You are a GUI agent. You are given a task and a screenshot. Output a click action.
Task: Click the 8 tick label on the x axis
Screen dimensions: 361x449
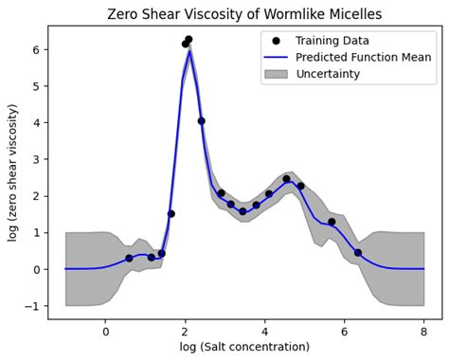pyautogui.click(x=423, y=331)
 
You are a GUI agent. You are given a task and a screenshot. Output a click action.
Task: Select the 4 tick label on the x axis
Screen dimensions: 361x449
pyautogui.click(x=264, y=331)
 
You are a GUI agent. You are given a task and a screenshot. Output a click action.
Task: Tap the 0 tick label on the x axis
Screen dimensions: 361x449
pyautogui.click(x=105, y=331)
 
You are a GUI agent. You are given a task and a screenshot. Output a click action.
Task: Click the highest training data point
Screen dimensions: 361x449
pyautogui.click(x=189, y=40)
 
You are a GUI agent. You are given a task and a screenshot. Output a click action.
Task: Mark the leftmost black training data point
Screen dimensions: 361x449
pyautogui.click(x=129, y=258)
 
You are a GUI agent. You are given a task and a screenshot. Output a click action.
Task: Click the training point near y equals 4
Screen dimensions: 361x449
pyautogui.click(x=201, y=121)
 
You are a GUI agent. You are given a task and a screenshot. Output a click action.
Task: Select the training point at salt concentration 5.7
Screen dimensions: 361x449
pyautogui.click(x=332, y=222)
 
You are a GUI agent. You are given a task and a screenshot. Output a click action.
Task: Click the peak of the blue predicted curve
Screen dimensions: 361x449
pyautogui.click(x=189, y=51)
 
